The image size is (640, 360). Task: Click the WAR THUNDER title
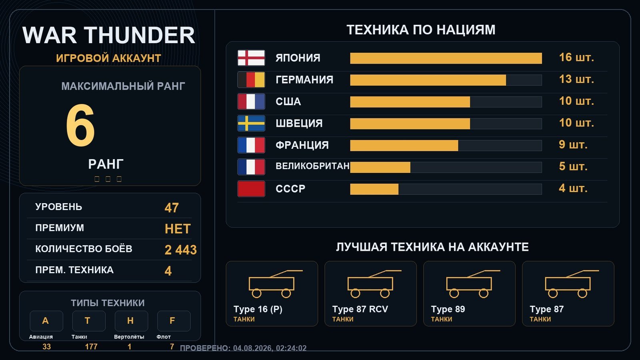(x=108, y=35)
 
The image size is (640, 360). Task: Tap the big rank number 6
(x=80, y=125)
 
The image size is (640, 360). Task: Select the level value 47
(x=172, y=208)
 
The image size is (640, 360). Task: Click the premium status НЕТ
(x=178, y=229)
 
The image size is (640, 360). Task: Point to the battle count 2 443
(x=180, y=250)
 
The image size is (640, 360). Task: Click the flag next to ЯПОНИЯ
(x=251, y=58)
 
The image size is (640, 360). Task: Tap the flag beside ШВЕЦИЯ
(x=251, y=124)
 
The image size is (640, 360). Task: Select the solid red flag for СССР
(x=251, y=189)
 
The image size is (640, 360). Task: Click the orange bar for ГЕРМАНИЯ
(x=428, y=80)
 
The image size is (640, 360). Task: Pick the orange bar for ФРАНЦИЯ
(x=404, y=146)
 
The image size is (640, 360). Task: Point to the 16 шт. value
(x=576, y=58)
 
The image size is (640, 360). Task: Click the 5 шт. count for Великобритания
(x=573, y=166)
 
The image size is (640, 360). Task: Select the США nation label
(x=288, y=102)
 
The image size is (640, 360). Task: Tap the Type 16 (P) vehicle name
(x=258, y=309)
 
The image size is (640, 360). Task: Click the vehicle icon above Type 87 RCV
(x=374, y=284)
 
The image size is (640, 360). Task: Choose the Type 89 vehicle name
(x=448, y=309)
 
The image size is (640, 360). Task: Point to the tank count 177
(x=91, y=347)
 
